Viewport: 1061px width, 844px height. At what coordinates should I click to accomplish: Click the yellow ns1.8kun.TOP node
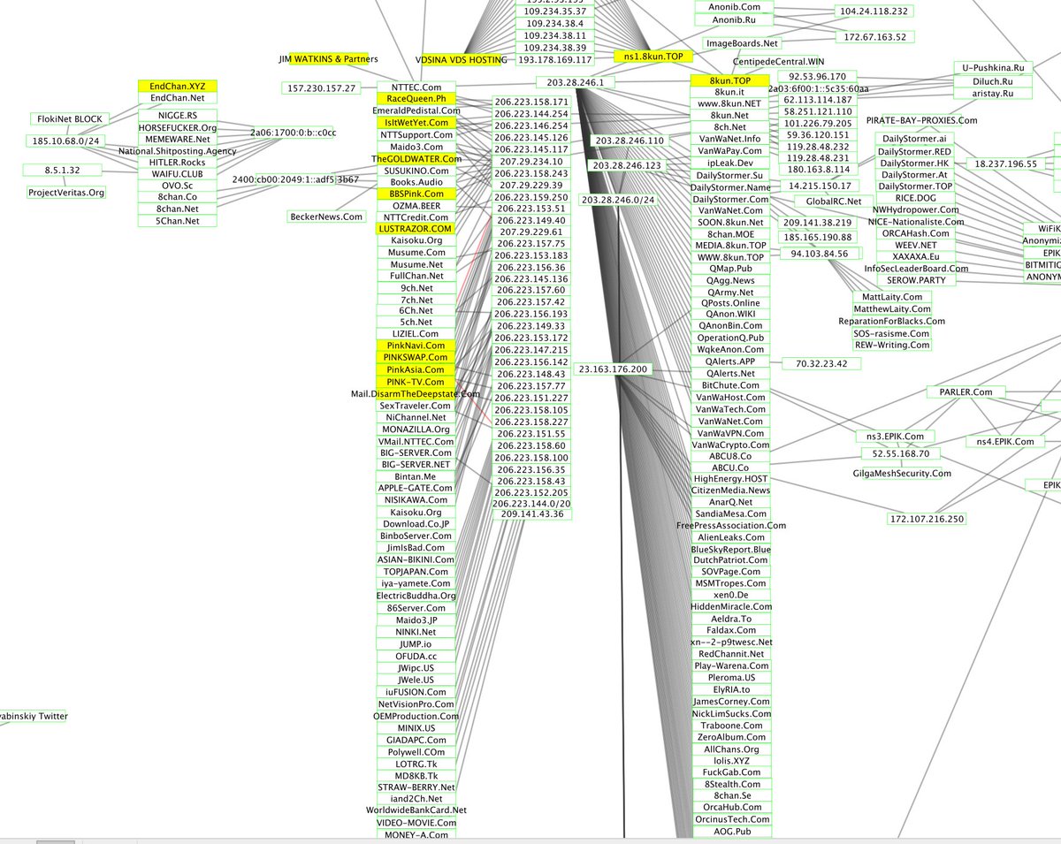[x=653, y=57]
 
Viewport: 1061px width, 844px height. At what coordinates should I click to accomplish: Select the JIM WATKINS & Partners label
[x=328, y=59]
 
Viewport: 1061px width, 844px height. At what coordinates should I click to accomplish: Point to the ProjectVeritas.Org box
[x=66, y=193]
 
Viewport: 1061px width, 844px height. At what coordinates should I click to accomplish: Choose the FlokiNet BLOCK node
[x=70, y=118]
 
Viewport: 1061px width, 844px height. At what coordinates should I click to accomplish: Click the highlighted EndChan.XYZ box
[x=177, y=87]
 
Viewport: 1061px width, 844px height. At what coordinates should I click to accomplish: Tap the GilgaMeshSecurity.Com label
[x=903, y=473]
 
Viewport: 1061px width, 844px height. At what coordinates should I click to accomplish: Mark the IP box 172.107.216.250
[x=926, y=519]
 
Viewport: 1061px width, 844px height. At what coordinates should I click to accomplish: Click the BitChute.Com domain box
[x=730, y=385]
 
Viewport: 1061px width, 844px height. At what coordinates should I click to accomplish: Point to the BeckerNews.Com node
[x=326, y=217]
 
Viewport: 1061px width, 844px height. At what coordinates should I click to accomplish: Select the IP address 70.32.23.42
[x=821, y=363]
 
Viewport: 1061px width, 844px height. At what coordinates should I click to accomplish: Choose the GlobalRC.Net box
[x=821, y=201]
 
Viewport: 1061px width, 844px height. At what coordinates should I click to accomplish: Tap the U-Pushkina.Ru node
[x=993, y=67]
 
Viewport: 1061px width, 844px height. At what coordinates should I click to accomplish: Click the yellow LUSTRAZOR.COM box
[x=415, y=229]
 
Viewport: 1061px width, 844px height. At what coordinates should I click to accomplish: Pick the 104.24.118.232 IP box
[x=874, y=11]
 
